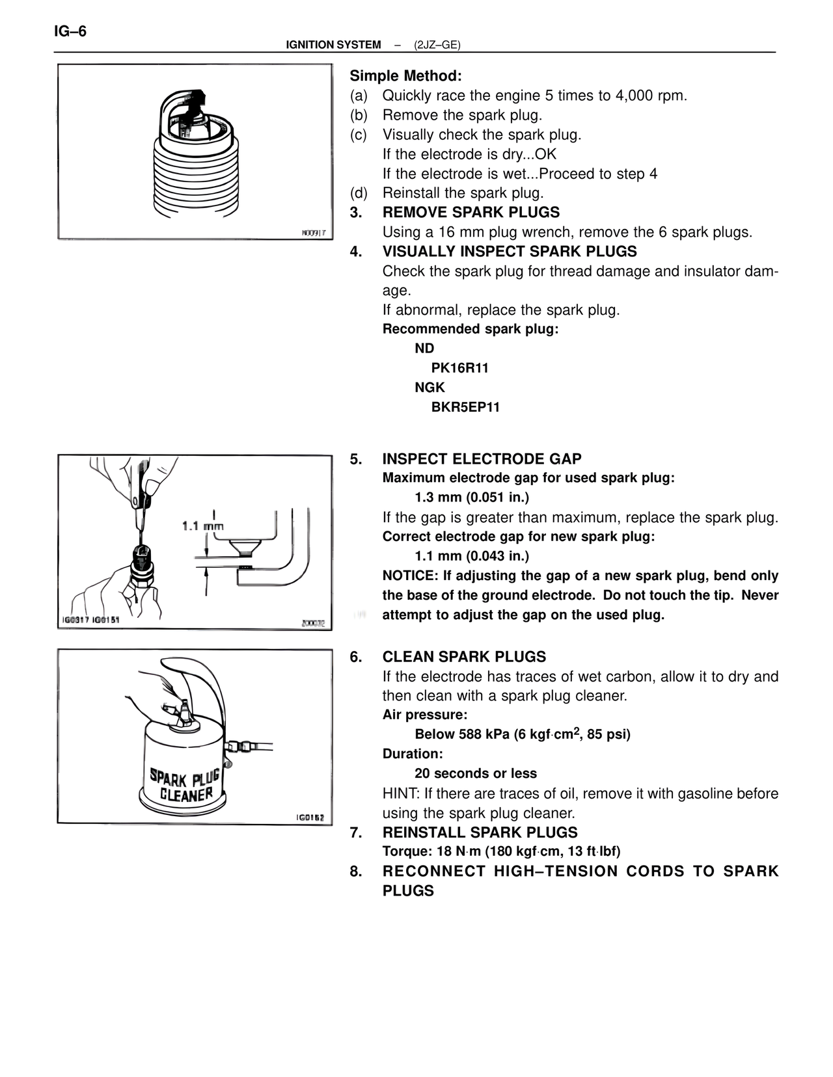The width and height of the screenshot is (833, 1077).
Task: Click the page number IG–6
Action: click(x=70, y=31)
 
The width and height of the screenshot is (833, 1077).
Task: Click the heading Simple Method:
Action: click(x=405, y=75)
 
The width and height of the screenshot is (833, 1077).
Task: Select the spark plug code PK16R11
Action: click(x=459, y=368)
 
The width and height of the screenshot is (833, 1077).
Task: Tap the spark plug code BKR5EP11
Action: click(x=465, y=407)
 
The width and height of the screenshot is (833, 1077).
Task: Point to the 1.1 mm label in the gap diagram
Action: click(x=202, y=525)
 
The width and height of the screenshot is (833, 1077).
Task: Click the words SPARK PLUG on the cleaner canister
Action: click(x=185, y=777)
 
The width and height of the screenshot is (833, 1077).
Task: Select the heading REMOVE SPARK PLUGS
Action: click(x=471, y=212)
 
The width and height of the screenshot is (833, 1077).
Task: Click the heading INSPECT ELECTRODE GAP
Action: click(x=482, y=459)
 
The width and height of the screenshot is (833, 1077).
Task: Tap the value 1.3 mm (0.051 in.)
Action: click(x=472, y=498)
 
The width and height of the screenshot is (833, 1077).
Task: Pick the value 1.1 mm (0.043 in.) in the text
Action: click(x=472, y=556)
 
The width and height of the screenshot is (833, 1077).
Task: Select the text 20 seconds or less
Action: click(x=476, y=773)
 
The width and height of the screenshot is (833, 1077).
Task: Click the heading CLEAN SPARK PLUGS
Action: click(x=464, y=657)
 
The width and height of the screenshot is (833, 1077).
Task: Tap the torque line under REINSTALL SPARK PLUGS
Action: click(x=501, y=851)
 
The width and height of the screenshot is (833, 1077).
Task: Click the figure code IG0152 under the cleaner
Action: click(x=310, y=818)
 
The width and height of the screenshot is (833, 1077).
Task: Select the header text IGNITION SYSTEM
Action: click(x=333, y=45)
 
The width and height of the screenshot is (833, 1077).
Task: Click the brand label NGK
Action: click(x=430, y=388)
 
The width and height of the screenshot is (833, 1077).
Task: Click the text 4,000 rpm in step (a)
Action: click(x=651, y=96)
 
